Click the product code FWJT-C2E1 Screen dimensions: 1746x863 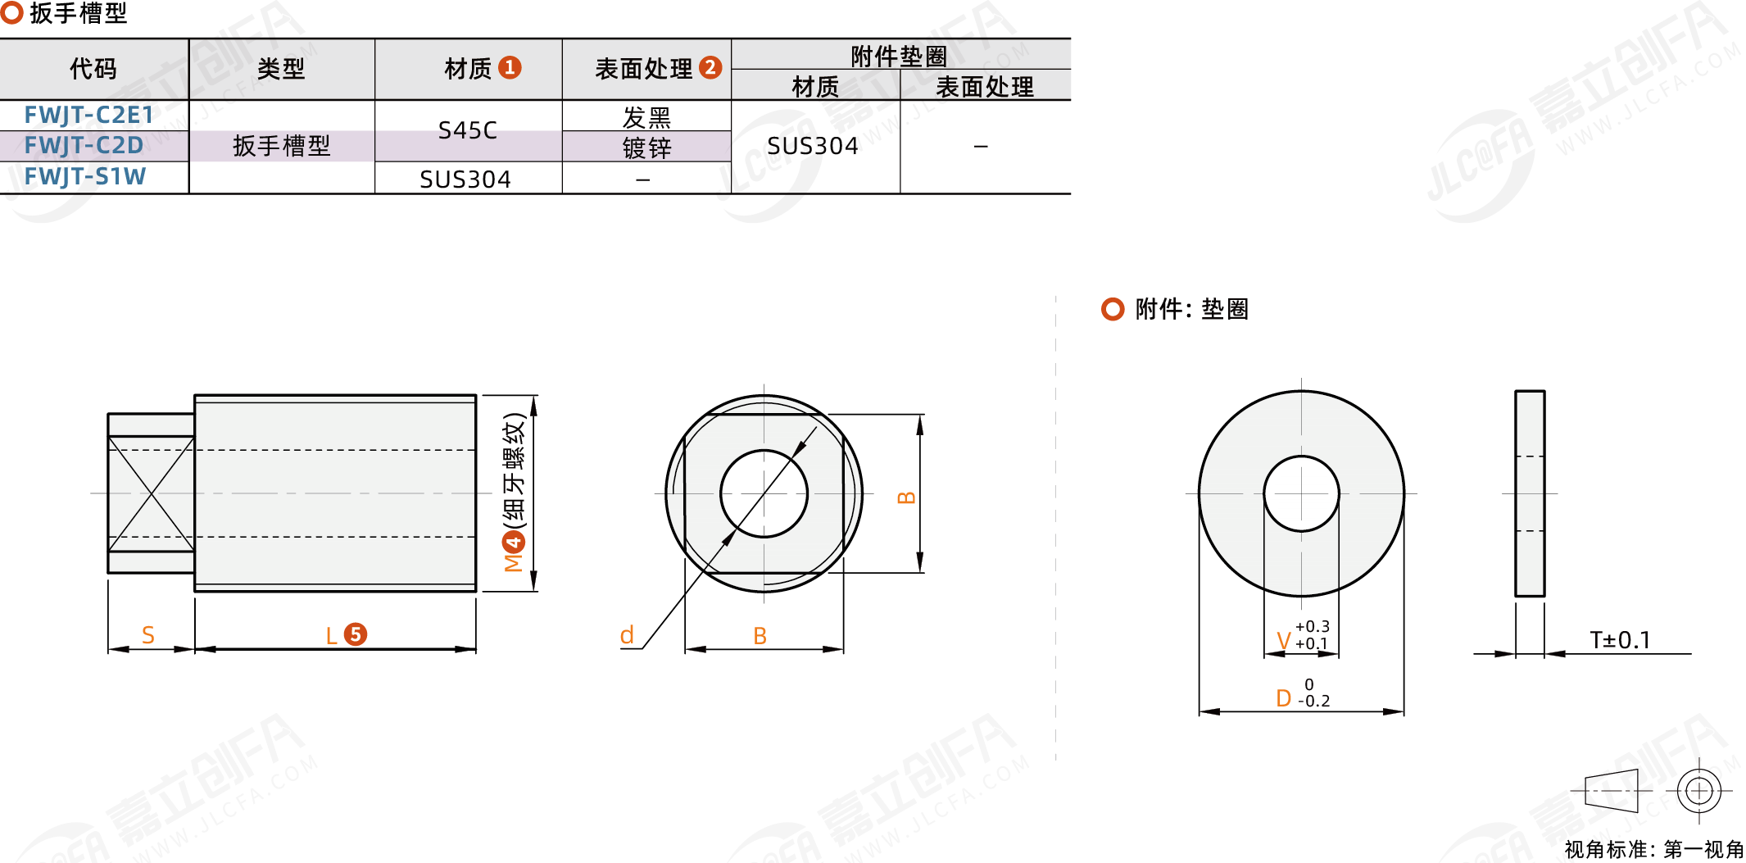88,115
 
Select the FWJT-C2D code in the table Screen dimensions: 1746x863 84,145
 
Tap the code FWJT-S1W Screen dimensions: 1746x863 85,176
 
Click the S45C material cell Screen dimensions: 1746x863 467,130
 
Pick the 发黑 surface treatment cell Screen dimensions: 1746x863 646,117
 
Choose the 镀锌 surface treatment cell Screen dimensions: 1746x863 646,148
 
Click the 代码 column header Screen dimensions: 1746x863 93,69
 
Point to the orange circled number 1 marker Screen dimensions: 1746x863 510,67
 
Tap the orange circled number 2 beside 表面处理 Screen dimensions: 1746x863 710,67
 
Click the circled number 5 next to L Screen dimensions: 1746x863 356,634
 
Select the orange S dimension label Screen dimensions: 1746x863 148,635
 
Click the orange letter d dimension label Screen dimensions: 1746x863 627,634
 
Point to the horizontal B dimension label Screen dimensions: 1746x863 760,636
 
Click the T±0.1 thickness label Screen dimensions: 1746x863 1620,640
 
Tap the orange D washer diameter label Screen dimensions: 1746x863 1284,698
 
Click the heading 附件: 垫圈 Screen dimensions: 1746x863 1191,309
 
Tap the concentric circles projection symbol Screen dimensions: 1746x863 1699,791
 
